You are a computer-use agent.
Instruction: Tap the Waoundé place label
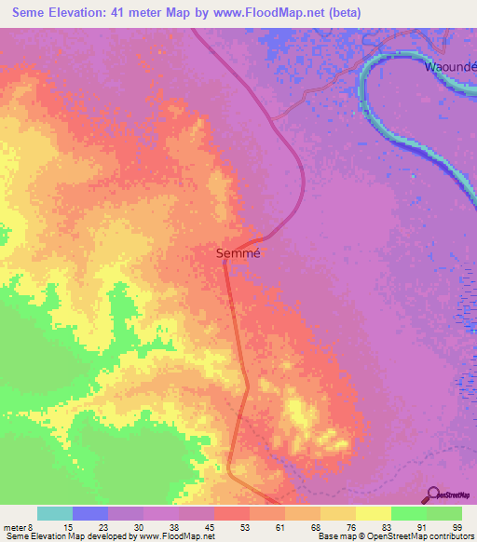point(451,67)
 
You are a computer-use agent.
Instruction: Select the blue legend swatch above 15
point(90,513)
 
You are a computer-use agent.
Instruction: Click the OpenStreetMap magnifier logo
point(433,495)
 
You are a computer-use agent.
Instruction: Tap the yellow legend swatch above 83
point(374,513)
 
